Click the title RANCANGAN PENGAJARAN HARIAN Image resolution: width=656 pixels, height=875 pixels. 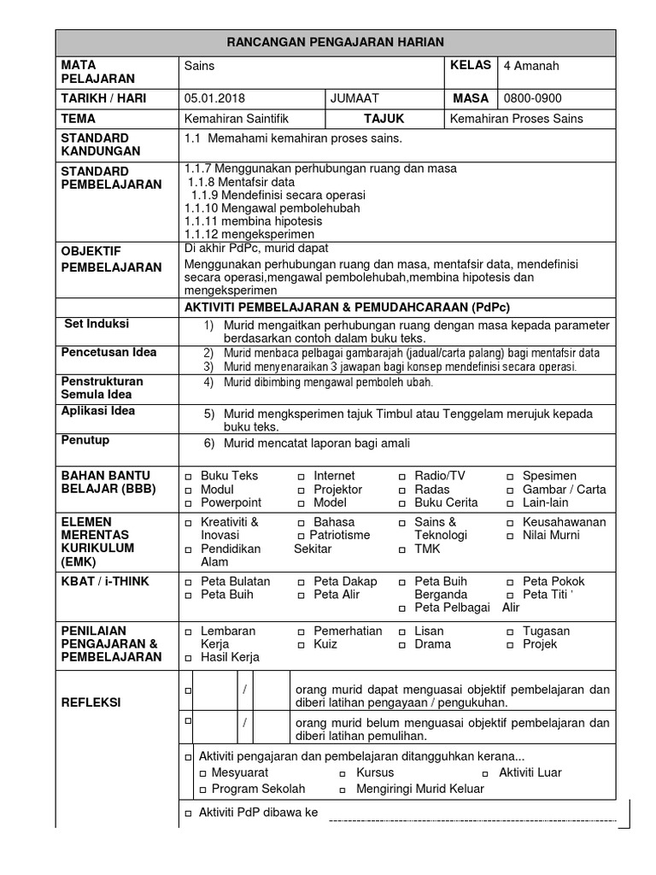[x=335, y=42]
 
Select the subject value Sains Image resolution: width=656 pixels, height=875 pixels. [x=199, y=66]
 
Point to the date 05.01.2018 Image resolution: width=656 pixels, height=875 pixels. [x=214, y=98]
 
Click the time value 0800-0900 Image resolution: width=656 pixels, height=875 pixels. [x=533, y=98]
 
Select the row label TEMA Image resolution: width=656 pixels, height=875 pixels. [x=78, y=119]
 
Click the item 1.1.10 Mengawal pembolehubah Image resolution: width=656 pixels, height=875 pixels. [x=272, y=208]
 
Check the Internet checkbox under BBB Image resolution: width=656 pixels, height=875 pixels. [x=302, y=477]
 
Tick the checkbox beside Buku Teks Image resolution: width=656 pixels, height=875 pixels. [x=188, y=477]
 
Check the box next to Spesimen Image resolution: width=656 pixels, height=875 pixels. [x=510, y=477]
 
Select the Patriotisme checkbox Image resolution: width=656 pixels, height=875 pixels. [x=302, y=536]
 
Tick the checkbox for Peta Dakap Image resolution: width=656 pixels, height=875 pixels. [x=302, y=582]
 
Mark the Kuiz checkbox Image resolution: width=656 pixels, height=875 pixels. [x=302, y=645]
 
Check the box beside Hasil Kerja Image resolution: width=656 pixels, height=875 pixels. [x=188, y=659]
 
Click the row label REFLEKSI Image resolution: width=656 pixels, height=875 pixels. [x=91, y=702]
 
